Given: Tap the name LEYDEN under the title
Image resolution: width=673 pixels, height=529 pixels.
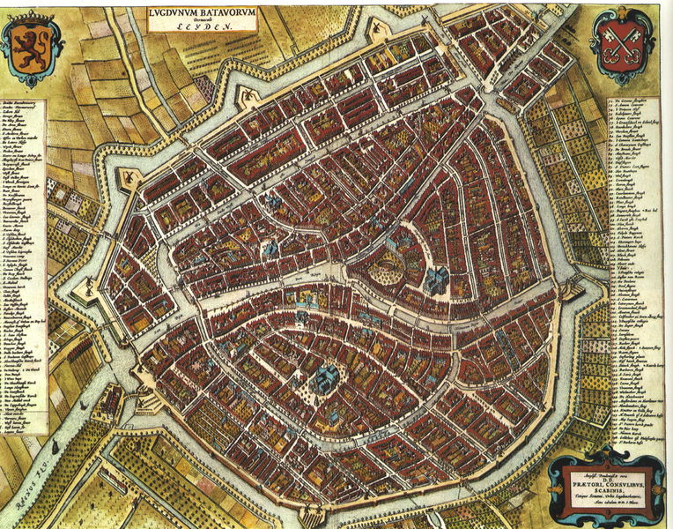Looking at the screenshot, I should point(205,27).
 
